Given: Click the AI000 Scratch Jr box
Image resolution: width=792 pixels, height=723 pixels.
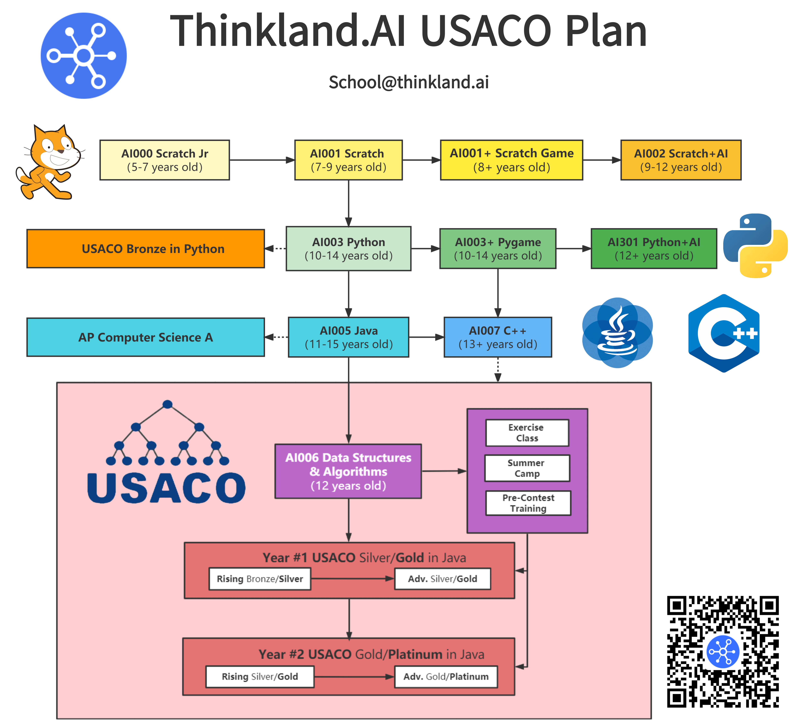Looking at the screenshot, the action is (x=165, y=160).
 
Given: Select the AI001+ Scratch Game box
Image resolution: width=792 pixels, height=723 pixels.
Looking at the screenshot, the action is (x=511, y=160).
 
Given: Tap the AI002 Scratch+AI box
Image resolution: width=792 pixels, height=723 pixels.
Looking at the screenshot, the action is (x=681, y=160).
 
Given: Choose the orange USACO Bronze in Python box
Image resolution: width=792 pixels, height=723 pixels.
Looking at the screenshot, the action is (x=145, y=248).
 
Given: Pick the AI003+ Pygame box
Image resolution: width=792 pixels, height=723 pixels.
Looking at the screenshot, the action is (x=498, y=248).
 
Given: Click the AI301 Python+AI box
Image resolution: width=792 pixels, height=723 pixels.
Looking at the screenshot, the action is (x=654, y=248).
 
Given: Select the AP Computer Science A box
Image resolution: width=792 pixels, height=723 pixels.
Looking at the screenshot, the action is (x=145, y=337).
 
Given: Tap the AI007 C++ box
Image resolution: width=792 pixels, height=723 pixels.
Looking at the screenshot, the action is (x=498, y=337).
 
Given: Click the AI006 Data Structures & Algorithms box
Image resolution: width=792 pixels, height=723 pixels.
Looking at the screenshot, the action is (x=348, y=471).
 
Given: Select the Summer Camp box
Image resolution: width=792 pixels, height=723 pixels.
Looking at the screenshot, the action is (x=527, y=468).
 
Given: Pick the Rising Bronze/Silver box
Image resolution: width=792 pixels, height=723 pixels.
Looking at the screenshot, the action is (x=260, y=579).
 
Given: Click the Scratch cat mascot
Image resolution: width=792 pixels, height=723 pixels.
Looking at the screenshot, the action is (x=49, y=162).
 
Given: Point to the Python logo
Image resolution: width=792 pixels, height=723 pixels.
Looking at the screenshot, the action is (x=755, y=246).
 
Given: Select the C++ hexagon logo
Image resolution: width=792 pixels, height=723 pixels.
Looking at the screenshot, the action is (x=724, y=333).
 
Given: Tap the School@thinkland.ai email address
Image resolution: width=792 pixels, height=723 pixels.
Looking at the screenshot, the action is (x=409, y=82).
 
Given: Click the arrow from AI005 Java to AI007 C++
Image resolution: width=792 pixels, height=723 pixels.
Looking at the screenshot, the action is (x=426, y=337).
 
